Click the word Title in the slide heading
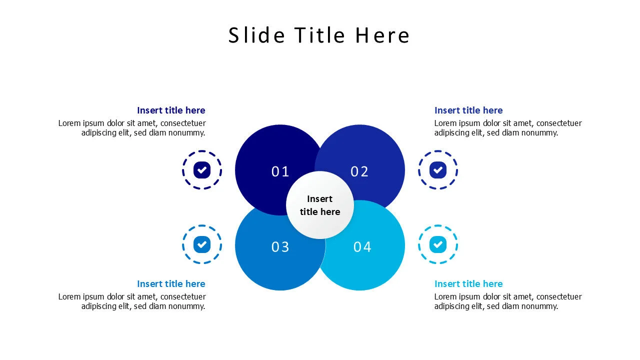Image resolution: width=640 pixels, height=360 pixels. tap(319, 35)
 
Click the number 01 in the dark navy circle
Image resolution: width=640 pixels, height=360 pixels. tap(280, 171)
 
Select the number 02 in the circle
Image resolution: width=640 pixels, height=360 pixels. tap(359, 171)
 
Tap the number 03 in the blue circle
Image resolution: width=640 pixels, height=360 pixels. tap(280, 246)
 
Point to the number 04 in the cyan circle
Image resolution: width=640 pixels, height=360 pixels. tap(362, 246)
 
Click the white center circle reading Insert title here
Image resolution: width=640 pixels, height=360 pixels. tap(320, 205)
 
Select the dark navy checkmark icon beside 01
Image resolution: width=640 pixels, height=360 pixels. tap(201, 170)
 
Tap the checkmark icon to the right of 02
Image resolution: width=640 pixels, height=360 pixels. tap(437, 170)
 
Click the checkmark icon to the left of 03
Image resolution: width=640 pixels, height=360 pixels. tap(201, 244)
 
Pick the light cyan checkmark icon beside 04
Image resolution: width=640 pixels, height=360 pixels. tap(437, 244)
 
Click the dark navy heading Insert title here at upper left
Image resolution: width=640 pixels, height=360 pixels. tap(171, 110)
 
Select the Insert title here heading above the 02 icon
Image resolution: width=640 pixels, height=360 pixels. tap(468, 110)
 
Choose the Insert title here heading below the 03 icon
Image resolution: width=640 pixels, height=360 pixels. tap(171, 283)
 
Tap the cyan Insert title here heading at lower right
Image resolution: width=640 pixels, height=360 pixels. tap(468, 283)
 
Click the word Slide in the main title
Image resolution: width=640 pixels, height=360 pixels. tap(256, 35)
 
